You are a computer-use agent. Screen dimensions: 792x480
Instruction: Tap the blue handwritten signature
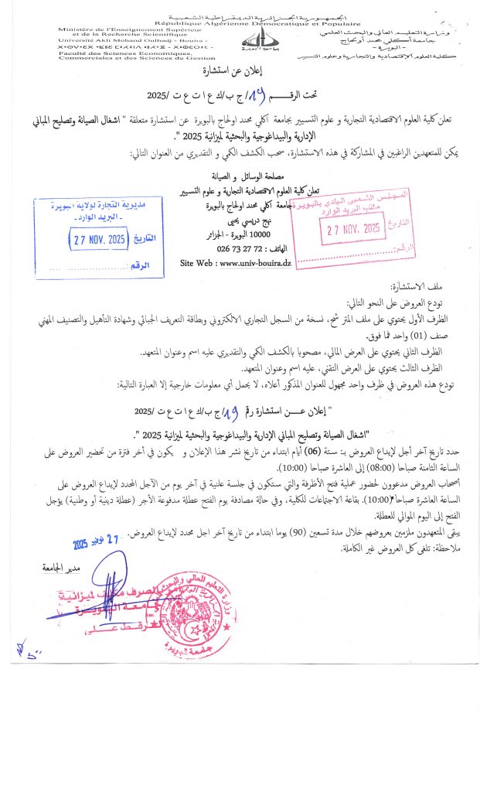click(100, 599)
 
